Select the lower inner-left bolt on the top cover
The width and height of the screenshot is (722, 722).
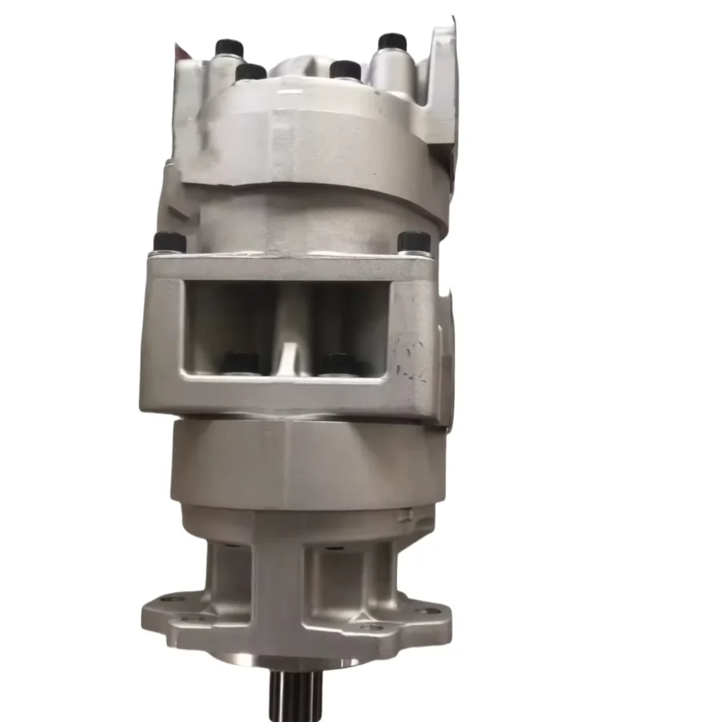coord(250,72)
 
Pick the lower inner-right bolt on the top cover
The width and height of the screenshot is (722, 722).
coord(345,70)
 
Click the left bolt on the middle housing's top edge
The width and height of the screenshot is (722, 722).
coord(169,241)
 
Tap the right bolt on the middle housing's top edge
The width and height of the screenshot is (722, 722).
coord(414,241)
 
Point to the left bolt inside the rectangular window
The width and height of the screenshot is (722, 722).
coord(240,363)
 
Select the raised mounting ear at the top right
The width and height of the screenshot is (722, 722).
coord(442,80)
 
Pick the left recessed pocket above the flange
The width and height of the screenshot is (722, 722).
coord(228,576)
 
